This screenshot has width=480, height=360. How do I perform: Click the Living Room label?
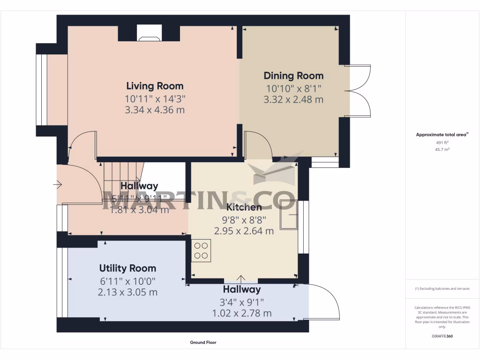click(155, 86)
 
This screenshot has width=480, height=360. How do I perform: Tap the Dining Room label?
click(293, 76)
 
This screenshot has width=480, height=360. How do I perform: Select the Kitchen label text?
click(244, 207)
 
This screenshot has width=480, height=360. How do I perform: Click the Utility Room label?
click(127, 269)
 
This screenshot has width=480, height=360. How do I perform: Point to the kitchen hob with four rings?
click(201, 250)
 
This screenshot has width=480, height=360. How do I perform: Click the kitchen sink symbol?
click(289, 214)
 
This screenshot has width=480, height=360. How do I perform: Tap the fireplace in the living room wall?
click(149, 34)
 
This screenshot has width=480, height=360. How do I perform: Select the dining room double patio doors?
click(359, 90)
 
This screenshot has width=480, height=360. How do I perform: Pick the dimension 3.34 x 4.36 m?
click(155, 110)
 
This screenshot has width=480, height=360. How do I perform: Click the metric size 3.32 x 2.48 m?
click(293, 99)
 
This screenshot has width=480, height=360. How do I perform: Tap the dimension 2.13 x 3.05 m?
click(127, 292)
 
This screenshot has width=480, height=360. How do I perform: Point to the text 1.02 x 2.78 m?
click(242, 313)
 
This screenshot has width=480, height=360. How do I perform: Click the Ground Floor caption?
click(203, 343)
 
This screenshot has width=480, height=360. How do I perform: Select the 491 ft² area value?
click(442, 142)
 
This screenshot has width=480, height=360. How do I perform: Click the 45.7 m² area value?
click(442, 150)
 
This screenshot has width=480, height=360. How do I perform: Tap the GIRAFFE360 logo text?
click(442, 336)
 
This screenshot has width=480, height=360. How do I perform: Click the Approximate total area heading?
click(442, 135)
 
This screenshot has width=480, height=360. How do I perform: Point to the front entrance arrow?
click(58, 185)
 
